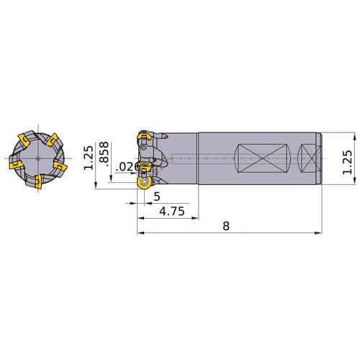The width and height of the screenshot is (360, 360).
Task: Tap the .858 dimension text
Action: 104,154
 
